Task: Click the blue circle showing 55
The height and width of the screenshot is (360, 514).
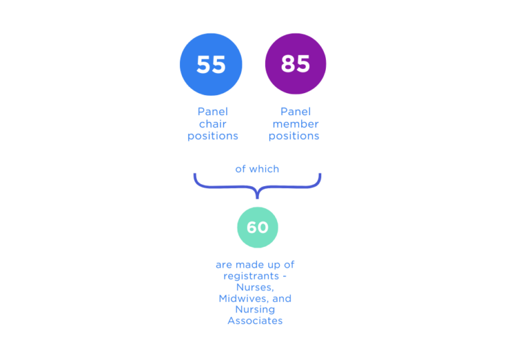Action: tap(211, 64)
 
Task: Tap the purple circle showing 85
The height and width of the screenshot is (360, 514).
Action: tap(295, 64)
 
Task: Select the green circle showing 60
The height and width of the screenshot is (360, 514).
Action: tap(257, 228)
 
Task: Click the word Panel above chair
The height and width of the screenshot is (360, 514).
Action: tap(212, 112)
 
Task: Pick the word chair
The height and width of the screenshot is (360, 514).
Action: tap(212, 124)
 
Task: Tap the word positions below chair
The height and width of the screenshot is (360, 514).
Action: tap(212, 136)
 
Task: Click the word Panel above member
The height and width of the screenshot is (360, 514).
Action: tap(295, 112)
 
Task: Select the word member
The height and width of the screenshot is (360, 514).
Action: tap(295, 124)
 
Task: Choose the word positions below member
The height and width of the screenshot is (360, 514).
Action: tap(294, 136)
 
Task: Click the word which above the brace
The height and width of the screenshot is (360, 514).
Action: tap(264, 169)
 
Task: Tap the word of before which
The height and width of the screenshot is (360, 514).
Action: tap(240, 169)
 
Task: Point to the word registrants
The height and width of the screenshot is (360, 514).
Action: tap(251, 276)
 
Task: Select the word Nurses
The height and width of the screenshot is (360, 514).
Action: tap(255, 287)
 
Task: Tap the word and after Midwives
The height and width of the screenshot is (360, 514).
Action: tap(282, 298)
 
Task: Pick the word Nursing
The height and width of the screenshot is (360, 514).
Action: tap(255, 310)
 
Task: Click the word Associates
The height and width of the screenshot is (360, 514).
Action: tap(255, 321)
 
